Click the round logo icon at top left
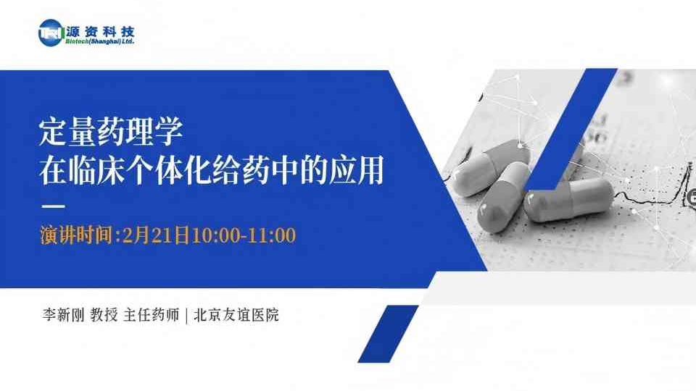tap(51, 33)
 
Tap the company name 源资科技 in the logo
tap(100, 31)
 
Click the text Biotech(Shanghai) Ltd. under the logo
tap(100, 41)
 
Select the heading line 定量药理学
tap(111, 132)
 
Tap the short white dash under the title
tap(53, 206)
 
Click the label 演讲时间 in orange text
tap(76, 235)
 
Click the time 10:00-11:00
tap(244, 235)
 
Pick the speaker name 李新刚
tap(63, 315)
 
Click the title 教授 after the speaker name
tap(104, 315)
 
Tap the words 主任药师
tap(152, 315)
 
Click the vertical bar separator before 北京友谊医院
tap(186, 315)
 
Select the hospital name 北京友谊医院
tap(236, 315)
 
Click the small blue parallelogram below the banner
tap(388, 334)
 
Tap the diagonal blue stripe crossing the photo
tap(571, 129)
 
